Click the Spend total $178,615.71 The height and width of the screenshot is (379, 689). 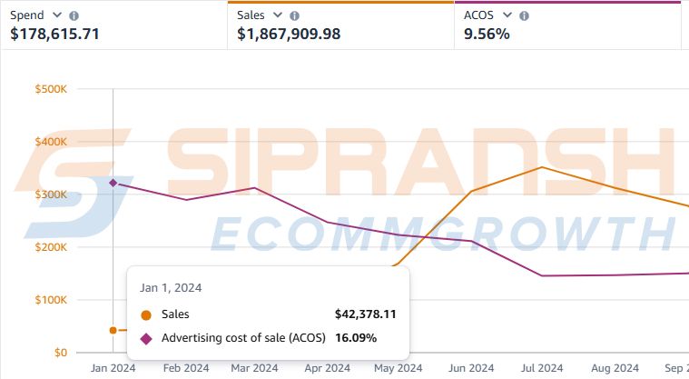(54, 35)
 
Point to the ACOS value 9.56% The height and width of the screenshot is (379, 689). (487, 35)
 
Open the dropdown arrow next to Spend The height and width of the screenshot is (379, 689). (58, 15)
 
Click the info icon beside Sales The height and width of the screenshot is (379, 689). (294, 15)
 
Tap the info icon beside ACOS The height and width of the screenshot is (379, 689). (524, 15)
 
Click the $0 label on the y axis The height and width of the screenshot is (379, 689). (60, 353)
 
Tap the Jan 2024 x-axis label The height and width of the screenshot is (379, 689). (113, 368)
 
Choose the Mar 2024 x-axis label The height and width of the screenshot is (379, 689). (254, 368)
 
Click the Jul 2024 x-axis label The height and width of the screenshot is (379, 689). (541, 368)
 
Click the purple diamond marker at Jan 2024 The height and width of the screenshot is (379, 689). (113, 183)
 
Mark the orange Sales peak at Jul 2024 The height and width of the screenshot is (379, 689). (542, 167)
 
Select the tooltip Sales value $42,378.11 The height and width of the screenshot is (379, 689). (365, 314)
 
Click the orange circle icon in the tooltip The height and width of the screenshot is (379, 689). (146, 315)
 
